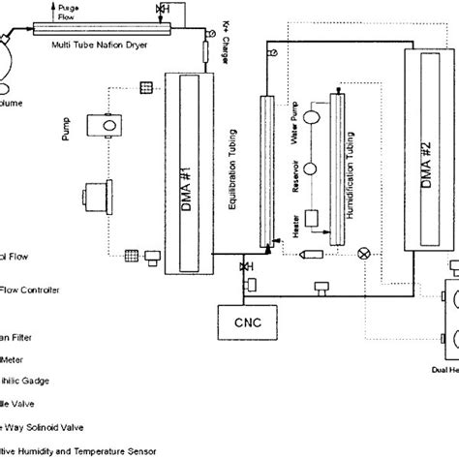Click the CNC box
point(232,320)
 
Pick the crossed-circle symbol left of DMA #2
point(363,253)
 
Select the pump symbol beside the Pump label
point(101,125)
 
